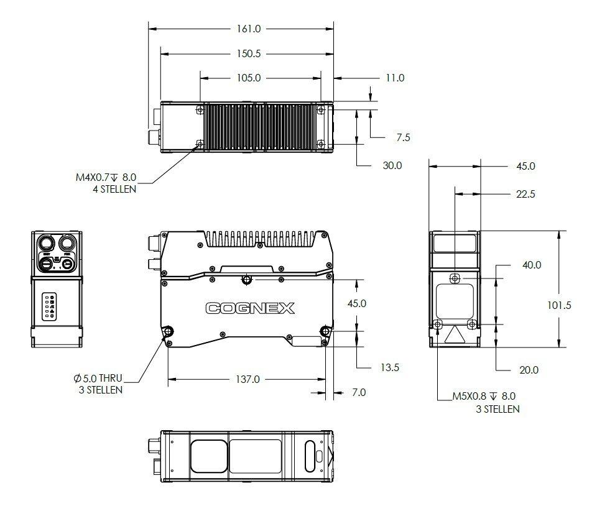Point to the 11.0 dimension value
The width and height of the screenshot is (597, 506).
tap(394, 78)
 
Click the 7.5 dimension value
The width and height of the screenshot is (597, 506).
tap(403, 137)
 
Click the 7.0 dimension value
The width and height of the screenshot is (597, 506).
tap(359, 392)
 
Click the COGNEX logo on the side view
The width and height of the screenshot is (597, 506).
tap(250, 308)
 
